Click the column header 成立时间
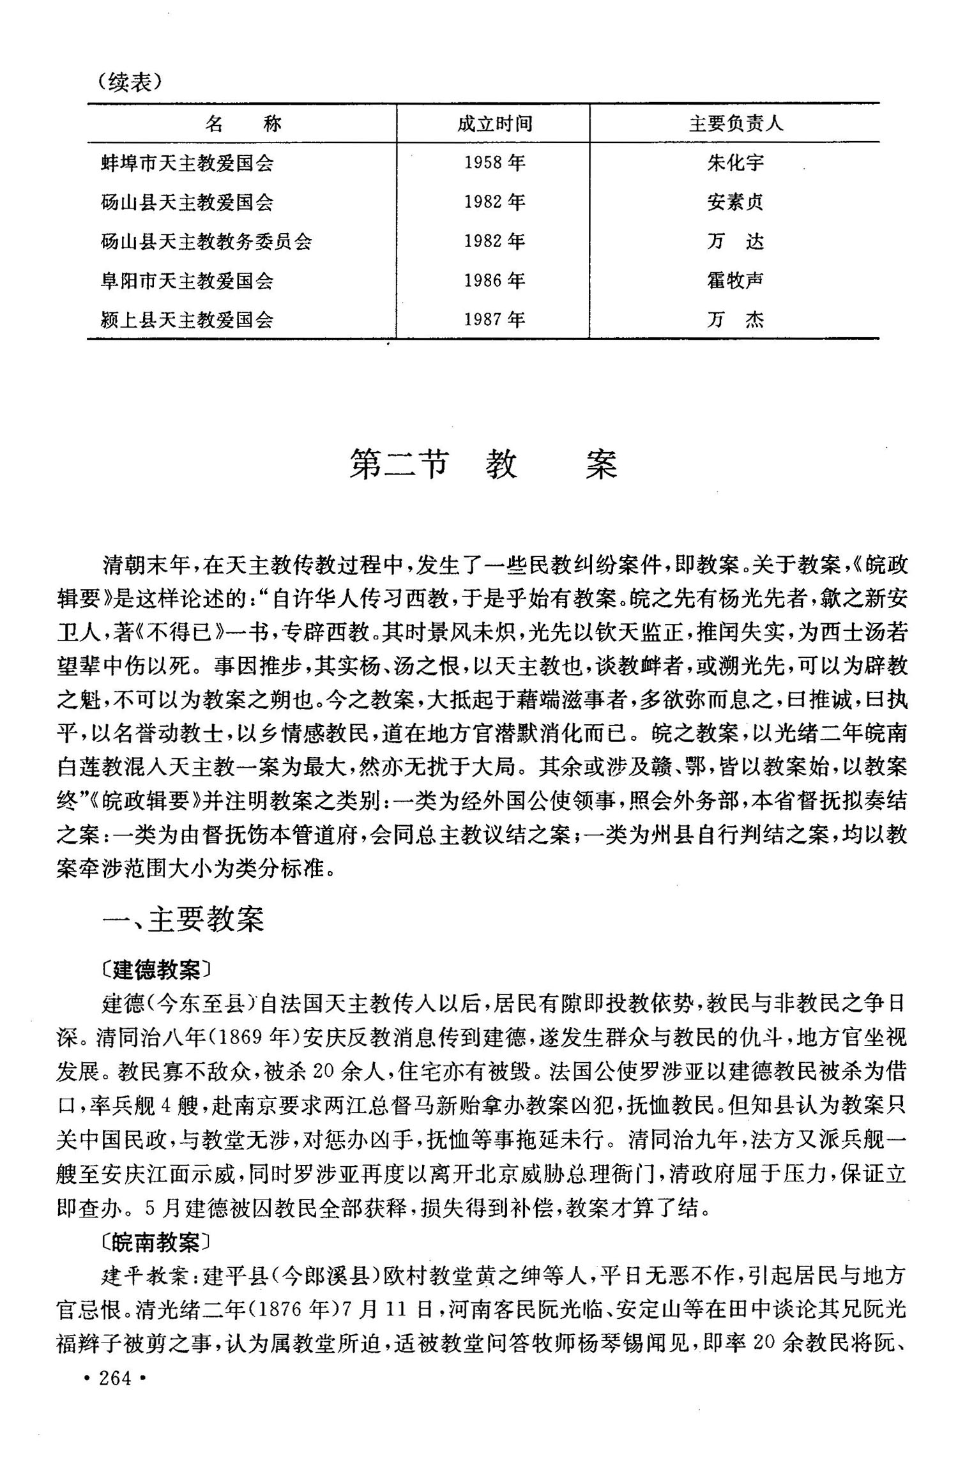pos(494,123)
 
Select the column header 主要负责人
pos(735,123)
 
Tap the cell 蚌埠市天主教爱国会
pos(187,163)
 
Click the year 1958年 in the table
pos(494,163)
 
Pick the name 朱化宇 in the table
pos(735,163)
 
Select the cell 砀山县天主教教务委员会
pos(206,241)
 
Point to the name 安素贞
pos(735,202)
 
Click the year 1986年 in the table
pos(494,280)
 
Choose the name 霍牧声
pos(735,280)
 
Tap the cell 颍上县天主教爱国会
pos(187,319)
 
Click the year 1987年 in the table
pos(494,319)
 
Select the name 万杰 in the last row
pos(735,319)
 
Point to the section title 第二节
pos(399,464)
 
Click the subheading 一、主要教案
pos(183,920)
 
